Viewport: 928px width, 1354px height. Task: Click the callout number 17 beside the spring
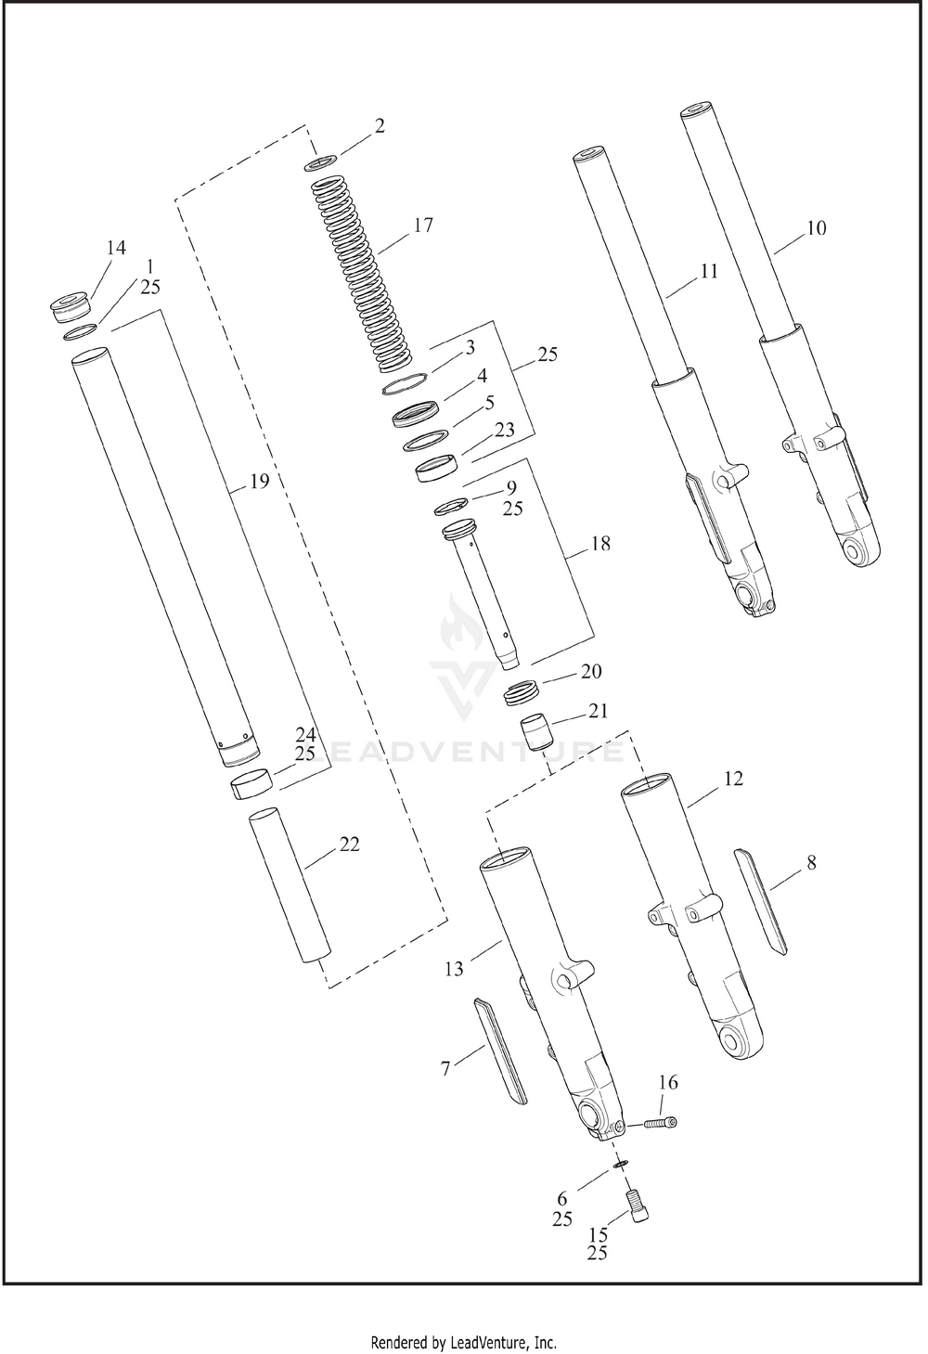click(x=423, y=225)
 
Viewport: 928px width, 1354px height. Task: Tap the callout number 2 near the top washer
click(x=380, y=125)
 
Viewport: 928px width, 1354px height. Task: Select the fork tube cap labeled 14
click(x=71, y=308)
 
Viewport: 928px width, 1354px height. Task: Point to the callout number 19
click(x=259, y=482)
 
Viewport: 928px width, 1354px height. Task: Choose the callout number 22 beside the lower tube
click(x=349, y=844)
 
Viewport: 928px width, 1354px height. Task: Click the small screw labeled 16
click(x=660, y=1123)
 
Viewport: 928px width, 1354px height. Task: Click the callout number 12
click(x=733, y=780)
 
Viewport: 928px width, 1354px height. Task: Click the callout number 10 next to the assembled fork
click(x=816, y=228)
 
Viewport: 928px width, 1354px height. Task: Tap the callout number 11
click(x=709, y=271)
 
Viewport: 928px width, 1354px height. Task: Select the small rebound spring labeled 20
click(x=523, y=691)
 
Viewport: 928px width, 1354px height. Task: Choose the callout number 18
click(x=599, y=544)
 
